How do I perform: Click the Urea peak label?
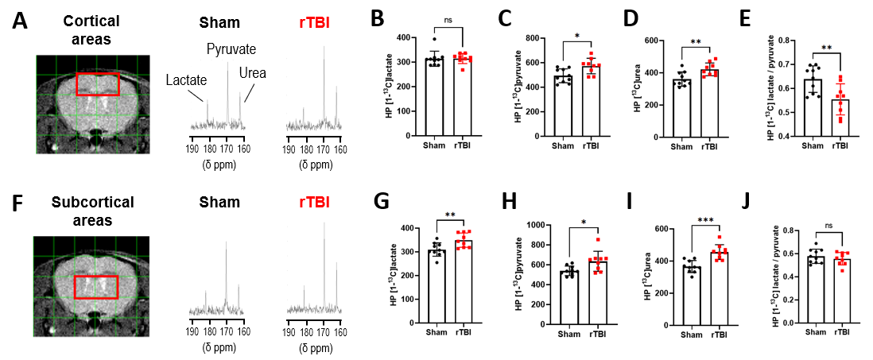point(252,73)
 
